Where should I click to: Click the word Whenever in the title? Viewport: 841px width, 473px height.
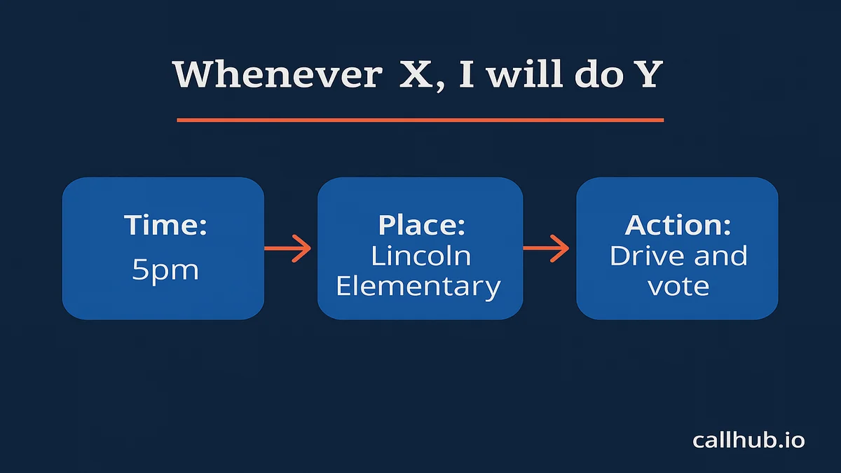coord(278,74)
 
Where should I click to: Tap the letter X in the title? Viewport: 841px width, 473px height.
coord(416,75)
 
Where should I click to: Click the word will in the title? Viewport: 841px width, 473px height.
coord(524,74)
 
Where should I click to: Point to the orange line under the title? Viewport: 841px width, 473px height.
coord(420,120)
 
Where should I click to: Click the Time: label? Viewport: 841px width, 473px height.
coord(165,225)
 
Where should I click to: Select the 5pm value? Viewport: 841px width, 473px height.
coord(165,270)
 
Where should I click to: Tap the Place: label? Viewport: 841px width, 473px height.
coord(421,225)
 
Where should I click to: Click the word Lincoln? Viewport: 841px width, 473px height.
coord(421,256)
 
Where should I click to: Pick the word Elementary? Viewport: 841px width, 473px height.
coord(418,287)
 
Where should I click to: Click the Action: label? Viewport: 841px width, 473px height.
coord(678,225)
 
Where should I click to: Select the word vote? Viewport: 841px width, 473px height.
coord(678,287)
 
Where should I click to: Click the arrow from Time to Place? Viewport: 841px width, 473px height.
coord(287,248)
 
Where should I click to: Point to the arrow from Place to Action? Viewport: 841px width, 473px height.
coord(546,248)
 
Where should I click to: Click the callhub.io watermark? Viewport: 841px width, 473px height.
coord(748,440)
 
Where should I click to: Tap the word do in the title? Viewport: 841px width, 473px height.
coord(599,74)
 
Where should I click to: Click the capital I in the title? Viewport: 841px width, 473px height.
coord(466,75)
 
